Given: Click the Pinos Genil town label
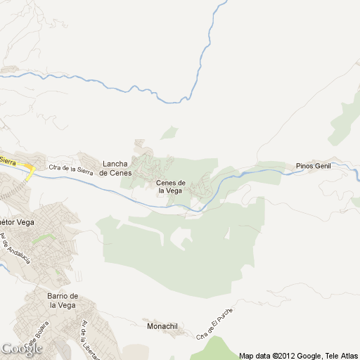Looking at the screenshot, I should pos(313,166).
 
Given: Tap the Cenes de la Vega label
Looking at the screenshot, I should pos(170,186).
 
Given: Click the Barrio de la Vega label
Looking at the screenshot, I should pos(62,300).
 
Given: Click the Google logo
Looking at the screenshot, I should pos(21,349).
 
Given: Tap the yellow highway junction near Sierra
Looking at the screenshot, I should pos(30,169).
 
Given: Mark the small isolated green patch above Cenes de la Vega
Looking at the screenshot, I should pos(169,132).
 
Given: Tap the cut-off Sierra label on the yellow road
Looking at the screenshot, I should pos(7,161).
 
